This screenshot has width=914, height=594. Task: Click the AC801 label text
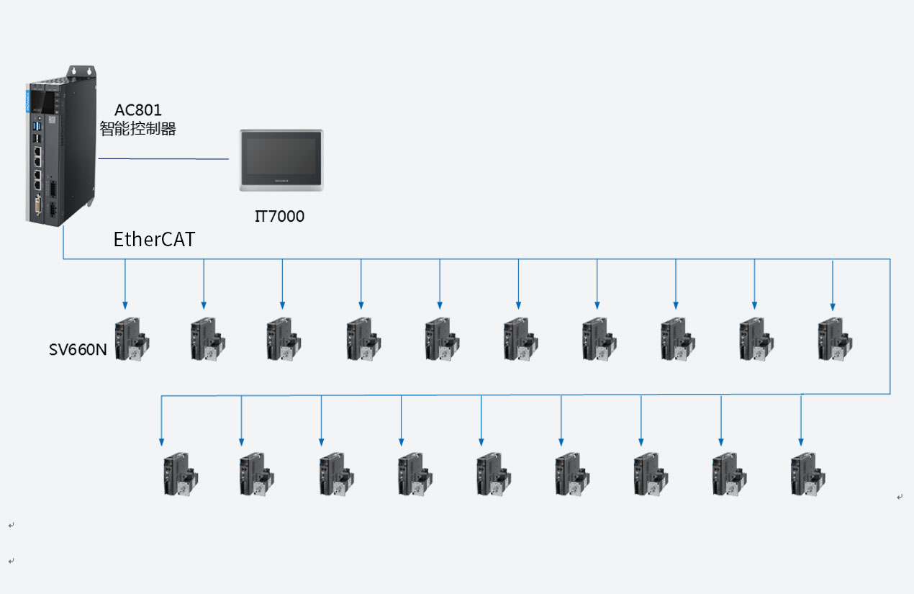point(138,110)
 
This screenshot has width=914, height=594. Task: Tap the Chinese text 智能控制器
point(138,130)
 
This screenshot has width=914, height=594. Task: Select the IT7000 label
point(279,216)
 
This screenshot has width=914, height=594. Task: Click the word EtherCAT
point(154,240)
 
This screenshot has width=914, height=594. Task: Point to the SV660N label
point(78,351)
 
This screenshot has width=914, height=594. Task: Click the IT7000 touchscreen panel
point(281,161)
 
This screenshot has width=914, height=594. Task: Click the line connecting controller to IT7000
point(163,158)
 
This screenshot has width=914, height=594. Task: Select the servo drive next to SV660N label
point(132,339)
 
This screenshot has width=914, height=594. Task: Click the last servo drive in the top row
point(833,339)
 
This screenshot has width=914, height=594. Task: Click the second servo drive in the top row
point(207,339)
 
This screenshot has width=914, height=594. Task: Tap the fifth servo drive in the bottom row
point(493,474)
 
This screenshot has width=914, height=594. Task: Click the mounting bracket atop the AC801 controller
point(82,71)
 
